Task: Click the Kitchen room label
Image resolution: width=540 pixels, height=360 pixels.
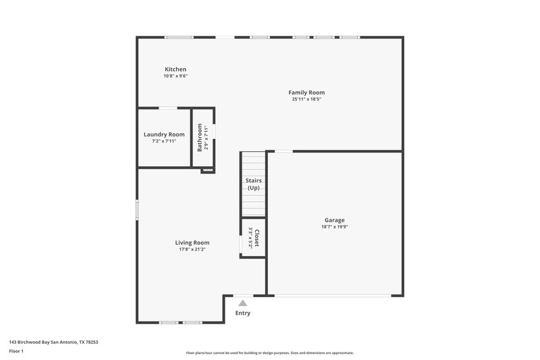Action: tap(175, 70)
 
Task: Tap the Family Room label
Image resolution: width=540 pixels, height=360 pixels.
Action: tap(306, 93)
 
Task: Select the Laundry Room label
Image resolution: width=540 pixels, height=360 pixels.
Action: tap(164, 134)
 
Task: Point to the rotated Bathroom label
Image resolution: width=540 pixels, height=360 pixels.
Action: tap(200, 137)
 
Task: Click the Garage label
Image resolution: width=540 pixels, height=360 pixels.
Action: tap(334, 220)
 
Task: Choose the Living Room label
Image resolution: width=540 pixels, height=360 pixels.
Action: tap(192, 242)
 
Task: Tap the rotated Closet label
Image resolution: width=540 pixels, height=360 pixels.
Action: tap(256, 238)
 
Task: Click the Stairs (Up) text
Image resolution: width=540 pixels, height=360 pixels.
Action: tap(253, 184)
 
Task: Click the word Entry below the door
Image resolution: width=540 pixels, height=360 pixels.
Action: tap(242, 313)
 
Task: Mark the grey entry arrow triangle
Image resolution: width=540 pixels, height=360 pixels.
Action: tap(242, 303)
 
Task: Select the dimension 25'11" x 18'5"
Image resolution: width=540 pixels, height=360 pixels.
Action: tap(306, 99)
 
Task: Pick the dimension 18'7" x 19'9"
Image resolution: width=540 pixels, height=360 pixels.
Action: tap(334, 227)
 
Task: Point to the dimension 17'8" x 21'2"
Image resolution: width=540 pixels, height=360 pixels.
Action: tap(192, 249)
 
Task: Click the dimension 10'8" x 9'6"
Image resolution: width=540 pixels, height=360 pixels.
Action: tap(175, 76)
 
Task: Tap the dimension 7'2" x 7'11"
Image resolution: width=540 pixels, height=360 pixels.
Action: tap(164, 141)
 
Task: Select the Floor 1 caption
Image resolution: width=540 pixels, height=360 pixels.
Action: tap(16, 351)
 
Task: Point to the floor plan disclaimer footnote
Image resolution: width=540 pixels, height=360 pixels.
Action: tap(269, 353)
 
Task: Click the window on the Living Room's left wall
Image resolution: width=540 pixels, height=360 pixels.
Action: tap(137, 209)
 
